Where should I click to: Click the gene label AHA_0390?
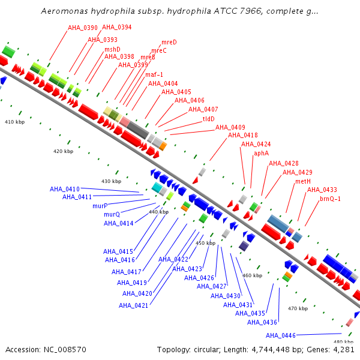(83, 28)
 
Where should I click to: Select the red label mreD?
(169, 42)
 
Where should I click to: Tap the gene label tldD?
(208, 119)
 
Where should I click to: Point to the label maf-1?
(154, 74)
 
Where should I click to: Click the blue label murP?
(100, 206)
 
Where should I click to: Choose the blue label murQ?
(112, 214)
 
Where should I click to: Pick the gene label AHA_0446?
(281, 335)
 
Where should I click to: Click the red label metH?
(303, 181)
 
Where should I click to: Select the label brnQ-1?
(330, 199)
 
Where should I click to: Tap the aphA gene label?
(261, 154)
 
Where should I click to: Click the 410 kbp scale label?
(14, 122)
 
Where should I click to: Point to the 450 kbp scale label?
(205, 243)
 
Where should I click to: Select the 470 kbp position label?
(298, 308)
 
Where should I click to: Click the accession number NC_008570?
(65, 350)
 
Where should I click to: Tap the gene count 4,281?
(344, 350)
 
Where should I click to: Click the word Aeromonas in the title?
(65, 11)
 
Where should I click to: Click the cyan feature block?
(157, 187)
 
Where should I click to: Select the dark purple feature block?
(244, 246)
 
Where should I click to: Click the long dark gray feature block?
(138, 130)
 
